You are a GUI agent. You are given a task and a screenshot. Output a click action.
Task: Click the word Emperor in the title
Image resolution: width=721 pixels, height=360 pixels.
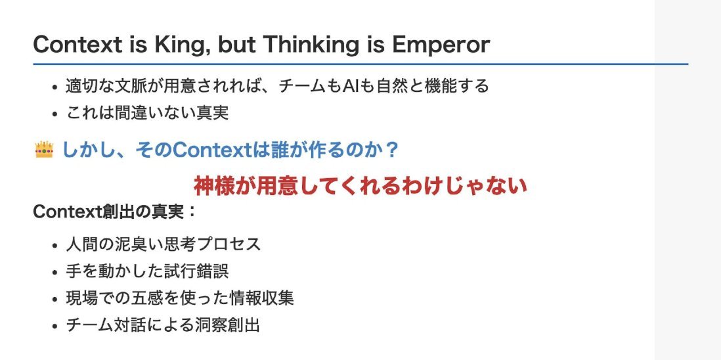(x=441, y=45)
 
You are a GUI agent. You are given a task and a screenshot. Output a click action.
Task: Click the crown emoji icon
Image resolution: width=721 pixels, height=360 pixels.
(x=44, y=150)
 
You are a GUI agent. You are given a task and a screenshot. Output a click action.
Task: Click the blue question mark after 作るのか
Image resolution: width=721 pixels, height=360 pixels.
(x=392, y=150)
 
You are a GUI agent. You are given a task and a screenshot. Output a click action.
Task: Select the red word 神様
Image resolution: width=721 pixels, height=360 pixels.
(x=210, y=186)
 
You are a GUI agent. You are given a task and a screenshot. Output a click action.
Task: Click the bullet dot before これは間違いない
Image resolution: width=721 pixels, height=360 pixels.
(x=55, y=114)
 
